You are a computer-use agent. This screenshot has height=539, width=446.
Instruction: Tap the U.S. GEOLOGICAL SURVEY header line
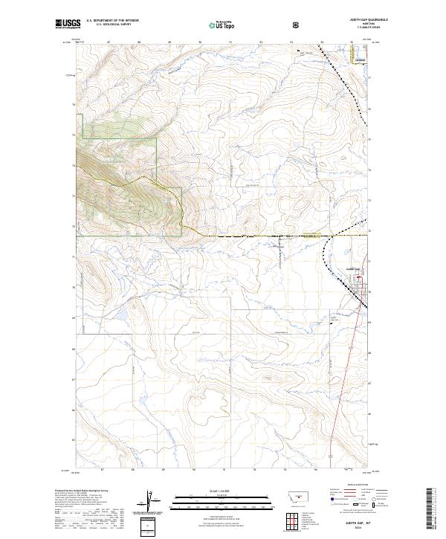113,25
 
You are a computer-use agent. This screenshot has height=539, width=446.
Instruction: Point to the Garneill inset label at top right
360,59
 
